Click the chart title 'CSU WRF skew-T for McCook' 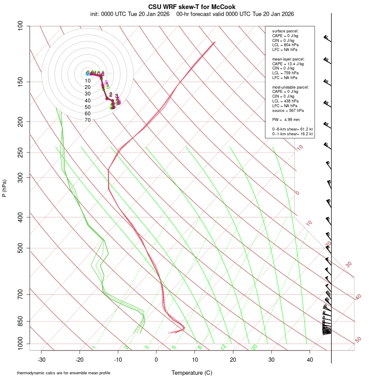[x=192, y=7]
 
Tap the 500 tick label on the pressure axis [x=21, y=248]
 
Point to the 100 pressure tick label [x=21, y=26]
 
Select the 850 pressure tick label [x=21, y=321]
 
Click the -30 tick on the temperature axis [x=41, y=359]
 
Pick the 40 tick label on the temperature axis [x=310, y=359]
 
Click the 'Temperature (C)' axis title [x=192, y=373]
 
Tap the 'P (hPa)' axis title [x=4, y=188]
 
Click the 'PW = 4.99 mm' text [x=286, y=119]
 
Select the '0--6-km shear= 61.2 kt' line [x=292, y=129]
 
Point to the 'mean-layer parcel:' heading [x=288, y=59]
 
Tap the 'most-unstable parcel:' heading [x=290, y=87]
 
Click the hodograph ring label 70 [x=88, y=120]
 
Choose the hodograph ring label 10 [x=88, y=81]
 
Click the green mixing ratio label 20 [x=255, y=347]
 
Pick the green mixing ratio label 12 [x=223, y=347]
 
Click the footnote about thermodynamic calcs [x=64, y=373]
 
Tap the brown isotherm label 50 [x=358, y=340]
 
